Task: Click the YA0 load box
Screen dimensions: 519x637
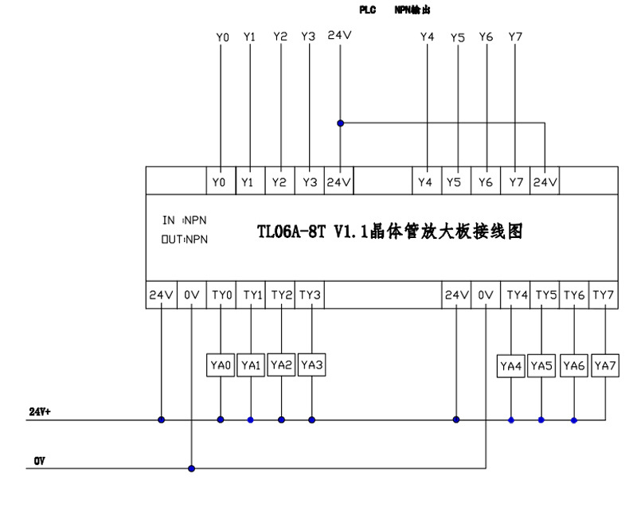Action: [221, 365]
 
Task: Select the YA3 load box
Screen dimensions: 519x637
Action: [311, 365]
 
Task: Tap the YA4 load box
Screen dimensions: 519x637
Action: [511, 366]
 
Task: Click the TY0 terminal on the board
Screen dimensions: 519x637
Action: [222, 295]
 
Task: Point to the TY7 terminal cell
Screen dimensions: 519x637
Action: [604, 295]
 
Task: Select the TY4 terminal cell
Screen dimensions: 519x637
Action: [518, 295]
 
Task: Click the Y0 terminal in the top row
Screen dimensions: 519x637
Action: [220, 182]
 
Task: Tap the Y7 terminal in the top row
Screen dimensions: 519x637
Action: [515, 182]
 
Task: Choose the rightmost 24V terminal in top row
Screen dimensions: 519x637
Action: [545, 182]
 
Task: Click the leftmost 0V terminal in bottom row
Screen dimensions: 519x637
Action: [191, 295]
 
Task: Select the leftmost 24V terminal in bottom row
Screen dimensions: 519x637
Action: [161, 295]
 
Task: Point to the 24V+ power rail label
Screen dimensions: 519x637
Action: [41, 412]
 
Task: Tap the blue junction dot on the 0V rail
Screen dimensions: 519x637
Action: [191, 468]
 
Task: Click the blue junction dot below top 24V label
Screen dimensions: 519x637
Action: [341, 123]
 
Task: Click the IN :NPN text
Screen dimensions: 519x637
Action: [185, 220]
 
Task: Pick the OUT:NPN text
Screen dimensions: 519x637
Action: [185, 240]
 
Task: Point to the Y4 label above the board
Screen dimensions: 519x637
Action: [427, 37]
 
